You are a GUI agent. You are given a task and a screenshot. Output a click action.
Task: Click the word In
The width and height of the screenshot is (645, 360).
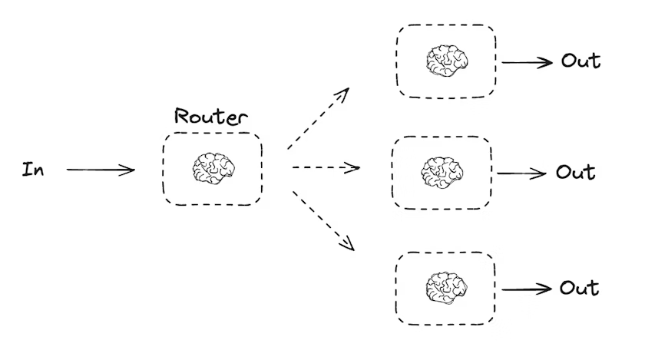tap(32, 170)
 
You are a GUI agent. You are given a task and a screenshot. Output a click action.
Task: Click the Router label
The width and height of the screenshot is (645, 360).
tap(211, 117)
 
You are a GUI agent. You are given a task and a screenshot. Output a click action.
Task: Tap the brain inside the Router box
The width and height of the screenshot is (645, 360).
tap(213, 168)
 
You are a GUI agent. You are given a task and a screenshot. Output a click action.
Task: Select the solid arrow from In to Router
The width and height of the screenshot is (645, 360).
tap(100, 170)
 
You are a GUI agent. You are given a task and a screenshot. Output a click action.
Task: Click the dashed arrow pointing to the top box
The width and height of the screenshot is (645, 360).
tap(318, 118)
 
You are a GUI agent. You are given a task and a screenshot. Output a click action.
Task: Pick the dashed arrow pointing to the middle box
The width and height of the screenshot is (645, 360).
tap(326, 167)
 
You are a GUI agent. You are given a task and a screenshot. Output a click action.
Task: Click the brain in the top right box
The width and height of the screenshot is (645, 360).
tap(447, 60)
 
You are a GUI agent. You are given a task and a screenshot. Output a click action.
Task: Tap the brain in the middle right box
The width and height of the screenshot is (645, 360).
tap(442, 172)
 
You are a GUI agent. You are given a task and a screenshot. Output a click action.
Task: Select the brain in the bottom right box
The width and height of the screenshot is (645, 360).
tap(446, 287)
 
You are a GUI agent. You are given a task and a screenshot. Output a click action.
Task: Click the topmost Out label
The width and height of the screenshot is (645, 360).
tap(580, 61)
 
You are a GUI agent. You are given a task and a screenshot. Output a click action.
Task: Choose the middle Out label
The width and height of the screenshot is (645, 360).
tap(576, 172)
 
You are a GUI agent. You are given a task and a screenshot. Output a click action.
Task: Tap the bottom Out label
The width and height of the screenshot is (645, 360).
tap(579, 288)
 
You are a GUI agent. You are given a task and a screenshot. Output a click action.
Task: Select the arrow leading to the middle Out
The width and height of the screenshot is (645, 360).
tap(522, 173)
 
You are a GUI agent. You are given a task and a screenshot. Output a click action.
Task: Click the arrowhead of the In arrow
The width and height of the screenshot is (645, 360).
tap(131, 170)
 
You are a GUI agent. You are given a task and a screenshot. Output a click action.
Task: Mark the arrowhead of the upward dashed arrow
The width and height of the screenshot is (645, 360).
tap(345, 92)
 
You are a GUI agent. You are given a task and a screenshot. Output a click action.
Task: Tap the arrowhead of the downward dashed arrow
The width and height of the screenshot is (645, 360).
tap(349, 246)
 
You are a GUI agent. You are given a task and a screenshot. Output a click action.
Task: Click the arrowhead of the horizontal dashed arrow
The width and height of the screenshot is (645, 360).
tap(356, 167)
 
